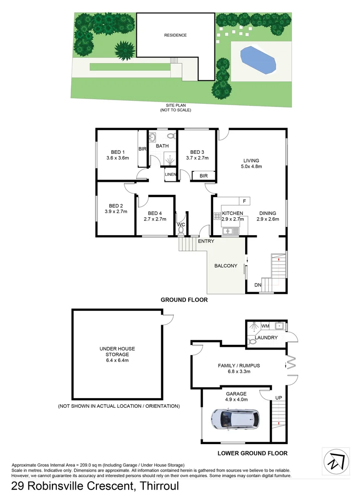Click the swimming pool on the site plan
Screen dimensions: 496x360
(259, 59)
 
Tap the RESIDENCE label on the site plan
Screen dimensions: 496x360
(176, 35)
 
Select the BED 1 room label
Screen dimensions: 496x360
(118, 152)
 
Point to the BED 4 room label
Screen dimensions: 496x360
(155, 213)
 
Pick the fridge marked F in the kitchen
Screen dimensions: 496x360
(244, 201)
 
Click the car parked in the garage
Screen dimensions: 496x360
(234, 419)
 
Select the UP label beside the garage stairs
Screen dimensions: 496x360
(279, 397)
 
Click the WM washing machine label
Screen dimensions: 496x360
(265, 326)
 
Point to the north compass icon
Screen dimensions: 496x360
(336, 460)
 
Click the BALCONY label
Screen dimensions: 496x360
(226, 265)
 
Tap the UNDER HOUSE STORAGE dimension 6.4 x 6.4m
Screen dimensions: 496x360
(118, 361)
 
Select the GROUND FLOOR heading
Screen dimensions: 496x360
(184, 300)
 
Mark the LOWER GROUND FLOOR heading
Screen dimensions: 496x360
(253, 453)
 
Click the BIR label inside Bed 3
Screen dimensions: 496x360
(204, 176)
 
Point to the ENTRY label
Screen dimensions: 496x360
(206, 241)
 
